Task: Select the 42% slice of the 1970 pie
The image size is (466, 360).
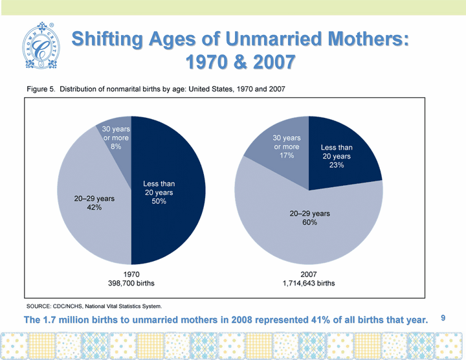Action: click(x=91, y=201)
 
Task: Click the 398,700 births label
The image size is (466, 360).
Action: click(x=131, y=284)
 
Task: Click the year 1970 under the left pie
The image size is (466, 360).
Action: click(x=131, y=274)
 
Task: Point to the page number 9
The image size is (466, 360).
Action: click(x=443, y=318)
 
